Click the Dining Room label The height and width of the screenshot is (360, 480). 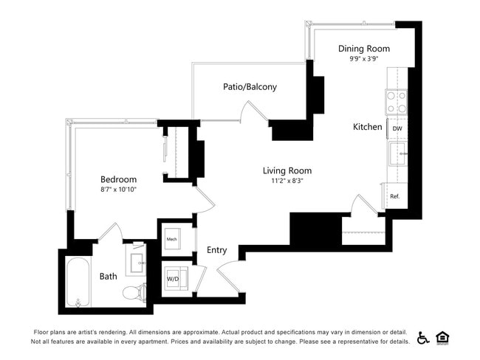[364, 49]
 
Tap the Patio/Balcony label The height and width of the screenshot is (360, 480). [250, 87]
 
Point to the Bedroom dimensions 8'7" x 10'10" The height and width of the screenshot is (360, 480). [118, 189]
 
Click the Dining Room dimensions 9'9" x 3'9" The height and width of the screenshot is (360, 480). [364, 59]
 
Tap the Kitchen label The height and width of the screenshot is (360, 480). [367, 127]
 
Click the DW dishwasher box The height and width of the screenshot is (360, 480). [397, 128]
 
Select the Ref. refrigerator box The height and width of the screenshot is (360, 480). [394, 196]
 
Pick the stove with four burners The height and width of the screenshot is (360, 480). [397, 102]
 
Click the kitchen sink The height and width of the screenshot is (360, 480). [399, 154]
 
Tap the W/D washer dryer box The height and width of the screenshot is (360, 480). [174, 280]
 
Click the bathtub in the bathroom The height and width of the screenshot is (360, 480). [78, 282]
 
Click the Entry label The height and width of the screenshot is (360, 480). [216, 250]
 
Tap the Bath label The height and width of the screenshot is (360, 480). [108, 277]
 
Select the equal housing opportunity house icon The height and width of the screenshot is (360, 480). [443, 337]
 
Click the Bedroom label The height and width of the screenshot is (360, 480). [118, 179]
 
